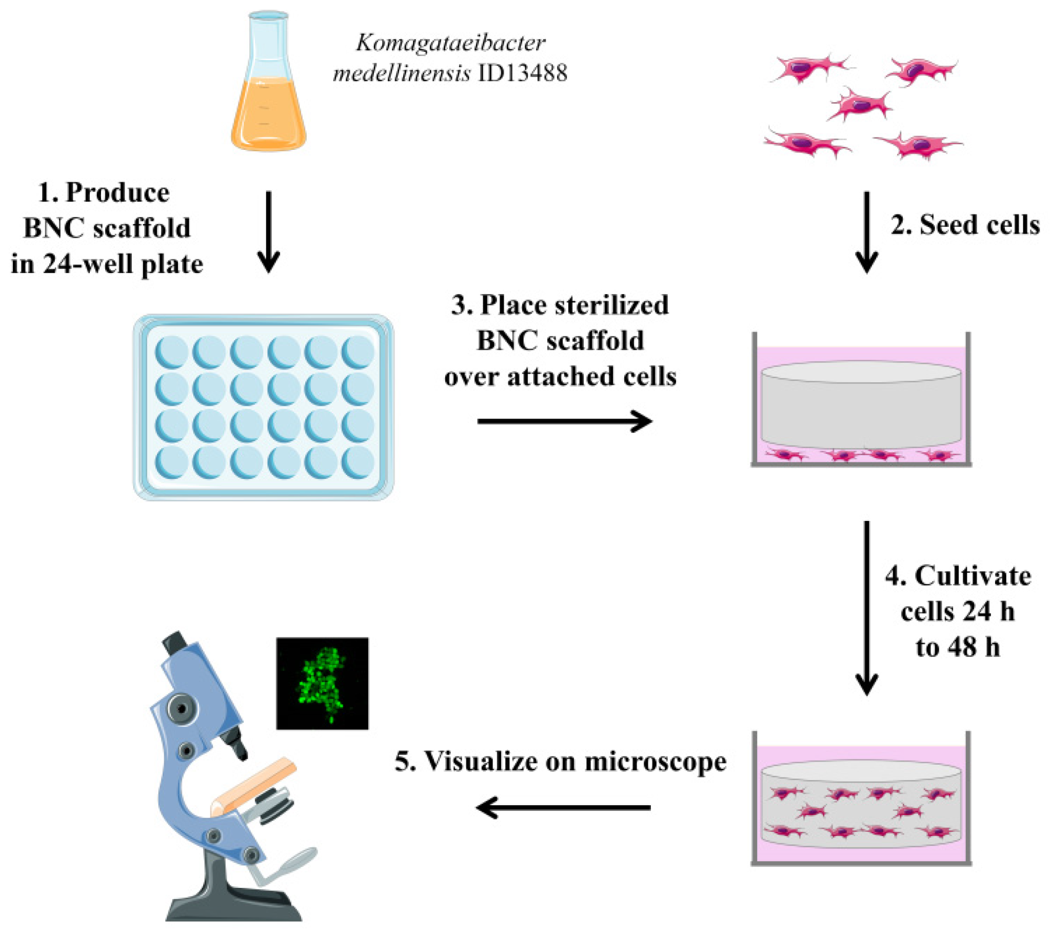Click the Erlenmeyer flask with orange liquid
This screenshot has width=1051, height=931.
(x=268, y=87)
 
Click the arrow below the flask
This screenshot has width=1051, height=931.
(x=268, y=231)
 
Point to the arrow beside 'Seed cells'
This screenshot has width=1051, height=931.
(x=867, y=231)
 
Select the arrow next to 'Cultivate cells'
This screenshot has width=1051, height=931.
(x=867, y=607)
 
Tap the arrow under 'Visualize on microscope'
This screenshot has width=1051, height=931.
(x=563, y=807)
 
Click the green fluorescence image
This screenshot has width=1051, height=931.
(x=323, y=684)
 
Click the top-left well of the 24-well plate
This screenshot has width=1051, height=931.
(x=171, y=353)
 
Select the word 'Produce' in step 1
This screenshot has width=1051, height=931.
(x=118, y=193)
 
